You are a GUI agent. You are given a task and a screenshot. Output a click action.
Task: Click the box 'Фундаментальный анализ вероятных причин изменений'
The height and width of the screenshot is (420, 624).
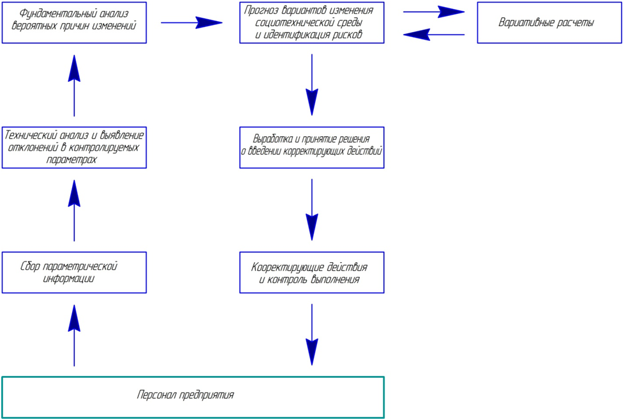click(74, 22)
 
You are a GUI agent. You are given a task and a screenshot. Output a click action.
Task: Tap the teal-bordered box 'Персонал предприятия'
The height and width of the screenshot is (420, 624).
click(193, 397)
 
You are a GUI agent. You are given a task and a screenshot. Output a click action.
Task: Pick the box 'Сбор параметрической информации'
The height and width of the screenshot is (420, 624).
click(74, 272)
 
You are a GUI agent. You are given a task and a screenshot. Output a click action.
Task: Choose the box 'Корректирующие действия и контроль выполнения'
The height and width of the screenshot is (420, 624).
click(312, 272)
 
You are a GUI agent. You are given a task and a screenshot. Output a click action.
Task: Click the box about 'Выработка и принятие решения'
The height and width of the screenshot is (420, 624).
click(312, 147)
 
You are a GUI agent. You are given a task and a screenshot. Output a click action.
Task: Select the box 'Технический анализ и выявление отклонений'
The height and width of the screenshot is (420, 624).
click(74, 147)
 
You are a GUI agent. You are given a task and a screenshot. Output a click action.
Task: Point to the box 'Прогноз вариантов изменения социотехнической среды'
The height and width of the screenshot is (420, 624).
click(312, 22)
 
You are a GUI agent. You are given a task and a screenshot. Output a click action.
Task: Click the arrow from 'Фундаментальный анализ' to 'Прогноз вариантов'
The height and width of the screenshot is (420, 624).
click(191, 23)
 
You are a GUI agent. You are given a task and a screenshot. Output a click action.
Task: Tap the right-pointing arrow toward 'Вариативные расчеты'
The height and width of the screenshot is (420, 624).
click(434, 12)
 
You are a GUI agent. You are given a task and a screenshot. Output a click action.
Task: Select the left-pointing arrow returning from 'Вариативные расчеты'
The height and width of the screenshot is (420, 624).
click(434, 35)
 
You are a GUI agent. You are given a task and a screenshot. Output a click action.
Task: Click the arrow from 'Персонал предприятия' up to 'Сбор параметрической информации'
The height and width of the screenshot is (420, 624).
click(74, 335)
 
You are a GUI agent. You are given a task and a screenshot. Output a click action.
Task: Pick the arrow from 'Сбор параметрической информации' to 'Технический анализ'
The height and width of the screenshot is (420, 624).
click(74, 210)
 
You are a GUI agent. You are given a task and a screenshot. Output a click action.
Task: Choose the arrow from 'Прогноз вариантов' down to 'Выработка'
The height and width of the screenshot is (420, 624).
click(312, 85)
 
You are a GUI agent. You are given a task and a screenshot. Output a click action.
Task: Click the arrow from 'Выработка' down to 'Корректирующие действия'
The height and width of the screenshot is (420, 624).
click(312, 210)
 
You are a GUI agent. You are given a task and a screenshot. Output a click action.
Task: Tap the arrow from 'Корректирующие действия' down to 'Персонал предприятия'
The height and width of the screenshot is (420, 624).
click(312, 335)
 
